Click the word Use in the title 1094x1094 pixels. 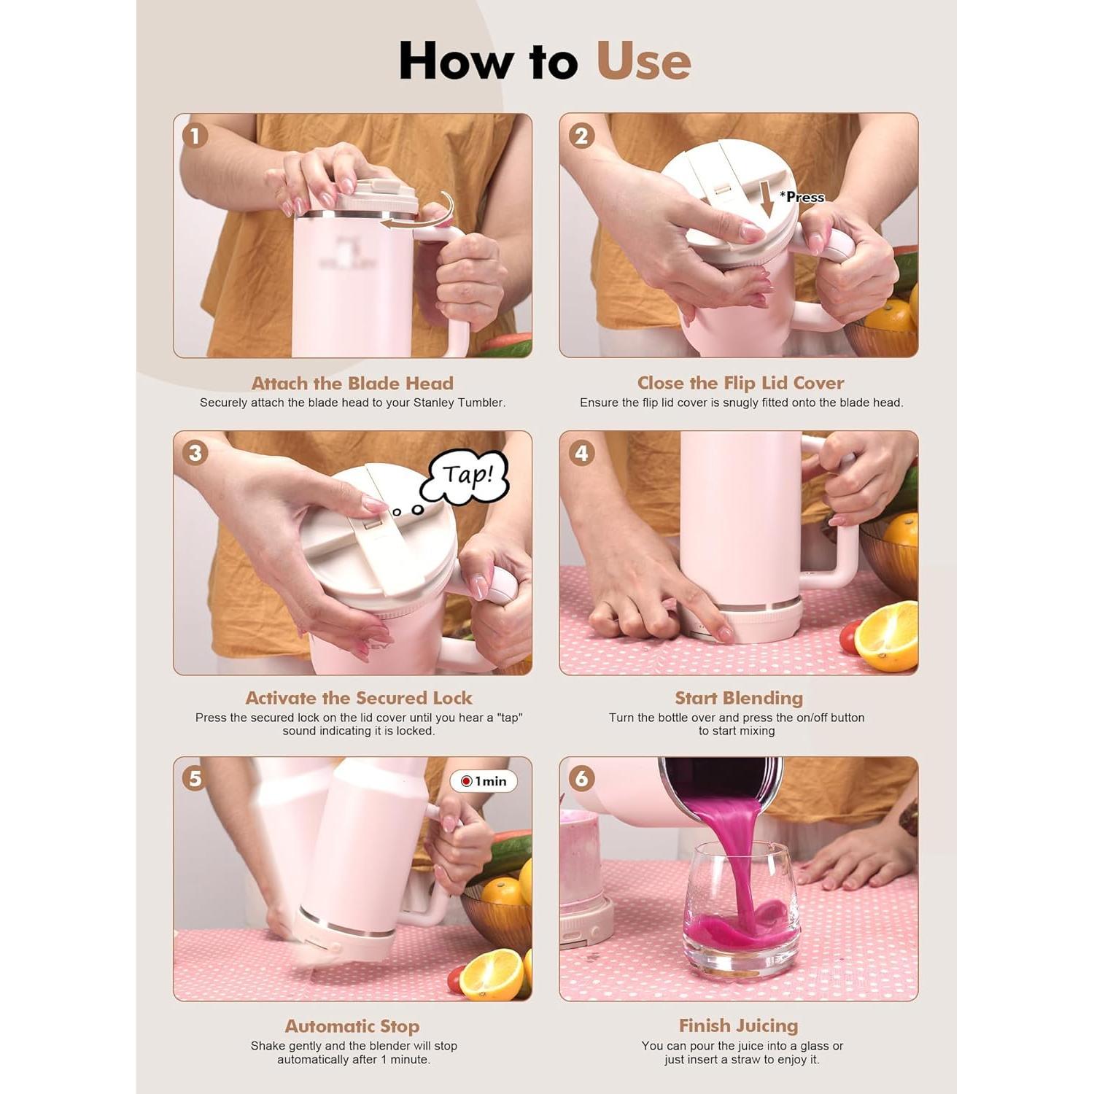(643, 61)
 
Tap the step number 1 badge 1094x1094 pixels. (195, 136)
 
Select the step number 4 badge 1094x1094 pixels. (581, 453)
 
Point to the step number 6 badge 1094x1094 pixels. (581, 778)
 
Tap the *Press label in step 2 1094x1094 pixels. (802, 197)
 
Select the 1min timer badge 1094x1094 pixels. (484, 781)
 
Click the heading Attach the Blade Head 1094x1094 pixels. (352, 383)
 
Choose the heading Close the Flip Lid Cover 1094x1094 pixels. (740, 383)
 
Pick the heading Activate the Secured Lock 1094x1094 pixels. (359, 698)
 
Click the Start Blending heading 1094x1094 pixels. (739, 698)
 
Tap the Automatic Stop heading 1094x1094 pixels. (352, 1026)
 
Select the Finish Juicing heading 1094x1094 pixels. (739, 1025)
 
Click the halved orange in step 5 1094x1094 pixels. (492, 974)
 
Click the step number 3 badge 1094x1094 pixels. (195, 453)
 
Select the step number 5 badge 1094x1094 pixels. (195, 778)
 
